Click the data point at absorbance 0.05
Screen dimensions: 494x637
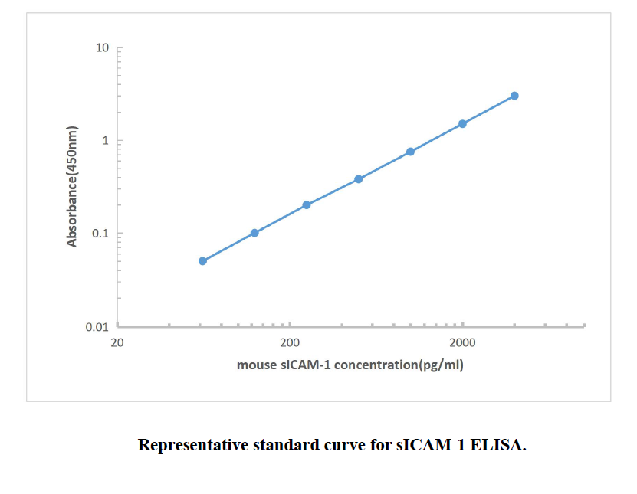pos(202,261)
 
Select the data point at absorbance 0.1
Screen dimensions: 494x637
pos(254,233)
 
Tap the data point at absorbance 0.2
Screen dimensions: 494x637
pos(307,204)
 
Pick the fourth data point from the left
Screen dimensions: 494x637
pos(358,179)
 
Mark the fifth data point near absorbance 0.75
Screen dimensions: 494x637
pos(410,152)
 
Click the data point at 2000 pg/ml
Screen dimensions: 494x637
pos(462,123)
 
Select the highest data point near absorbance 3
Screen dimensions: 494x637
pos(514,96)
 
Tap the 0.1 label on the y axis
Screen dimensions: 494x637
pos(101,234)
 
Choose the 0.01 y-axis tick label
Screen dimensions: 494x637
pos(98,327)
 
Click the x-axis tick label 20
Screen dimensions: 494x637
pos(117,342)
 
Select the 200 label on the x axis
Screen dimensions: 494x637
pos(290,342)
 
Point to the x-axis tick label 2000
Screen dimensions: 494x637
pos(462,342)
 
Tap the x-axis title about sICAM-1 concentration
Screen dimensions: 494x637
pos(350,365)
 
